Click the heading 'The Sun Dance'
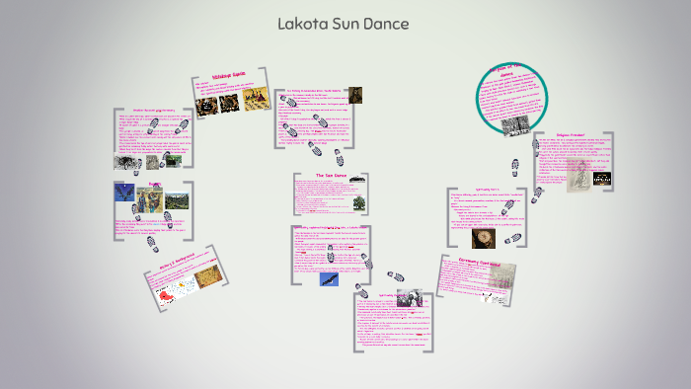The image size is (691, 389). click(x=331, y=176)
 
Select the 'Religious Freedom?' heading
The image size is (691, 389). click(x=564, y=139)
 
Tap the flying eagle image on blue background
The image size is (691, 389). click(x=329, y=279)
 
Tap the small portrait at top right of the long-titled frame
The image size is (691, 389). click(x=354, y=95)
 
